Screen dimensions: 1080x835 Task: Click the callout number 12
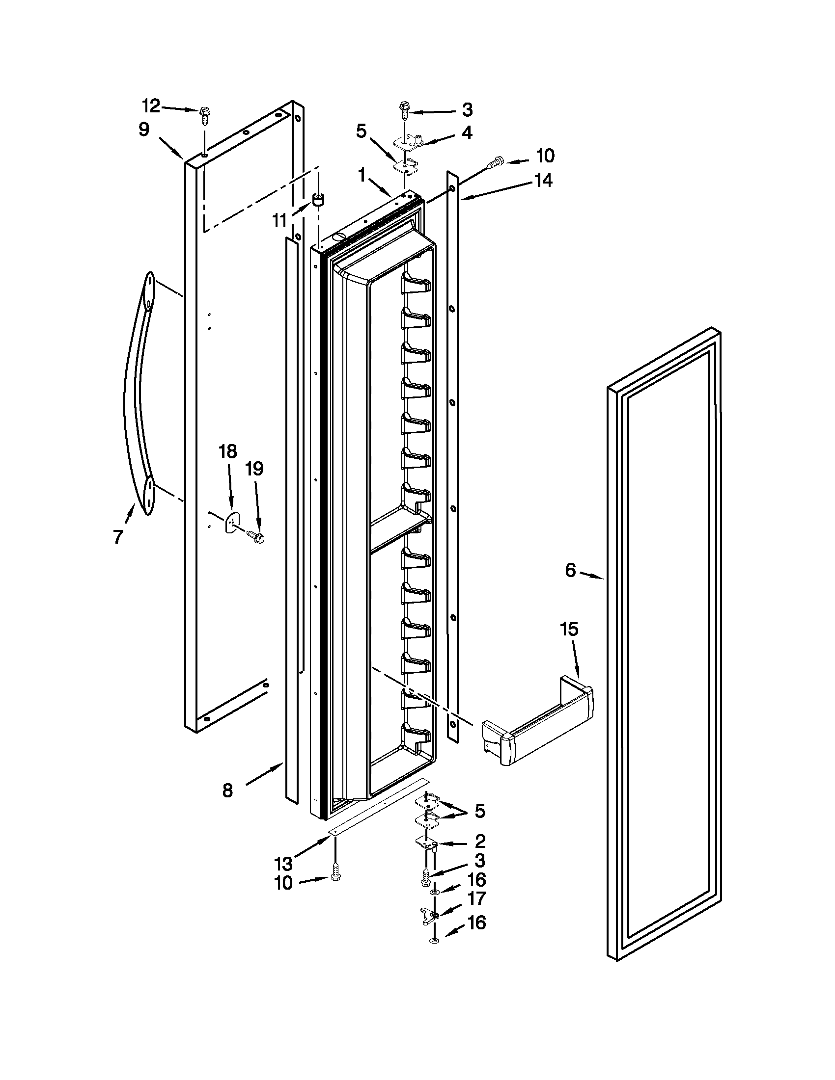coord(151,106)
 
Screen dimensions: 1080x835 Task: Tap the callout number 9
coord(143,130)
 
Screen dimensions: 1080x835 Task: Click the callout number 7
coord(118,536)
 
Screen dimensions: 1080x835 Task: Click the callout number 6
coord(570,571)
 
